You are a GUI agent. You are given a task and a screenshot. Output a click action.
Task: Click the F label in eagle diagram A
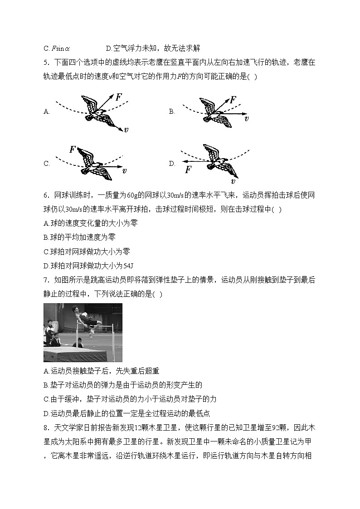[x=118, y=97]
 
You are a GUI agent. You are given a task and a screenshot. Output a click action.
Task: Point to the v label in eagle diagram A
[x=126, y=130]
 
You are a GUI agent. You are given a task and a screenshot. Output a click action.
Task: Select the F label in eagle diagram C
[x=73, y=149]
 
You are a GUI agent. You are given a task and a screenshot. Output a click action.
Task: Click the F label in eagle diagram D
[x=188, y=170]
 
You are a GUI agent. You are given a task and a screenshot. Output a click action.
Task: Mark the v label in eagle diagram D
[x=233, y=181]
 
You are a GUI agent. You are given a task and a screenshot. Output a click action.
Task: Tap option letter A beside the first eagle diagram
[x=46, y=111]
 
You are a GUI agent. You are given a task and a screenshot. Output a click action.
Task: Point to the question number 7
[x=46, y=280]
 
